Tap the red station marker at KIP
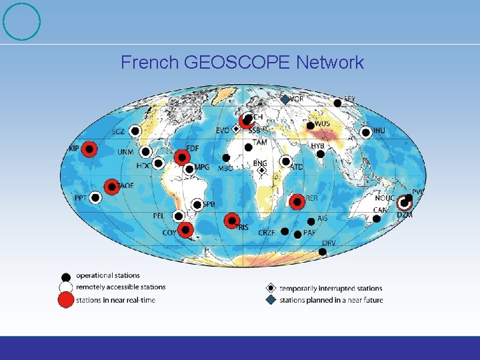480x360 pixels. [x=91, y=149]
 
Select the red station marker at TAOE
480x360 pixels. [x=111, y=187]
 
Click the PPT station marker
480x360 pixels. [x=95, y=197]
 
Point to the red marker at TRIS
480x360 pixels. [x=231, y=219]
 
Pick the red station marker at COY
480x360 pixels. [x=185, y=230]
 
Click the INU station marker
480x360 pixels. [x=365, y=132]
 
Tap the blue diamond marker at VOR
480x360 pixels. [x=284, y=99]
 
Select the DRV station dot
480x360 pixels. [x=323, y=251]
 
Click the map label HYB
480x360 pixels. [x=317, y=146]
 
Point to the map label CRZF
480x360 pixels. [x=267, y=233]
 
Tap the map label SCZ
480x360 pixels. [x=118, y=132]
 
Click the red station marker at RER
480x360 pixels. [x=297, y=201]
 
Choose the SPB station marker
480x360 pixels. [x=197, y=205]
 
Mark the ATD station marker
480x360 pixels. [x=285, y=161]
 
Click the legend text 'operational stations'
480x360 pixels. [x=107, y=275]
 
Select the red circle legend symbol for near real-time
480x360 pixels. [x=65, y=300]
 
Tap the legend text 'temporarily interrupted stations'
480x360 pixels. [x=331, y=289]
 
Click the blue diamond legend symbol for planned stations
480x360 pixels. [x=271, y=300]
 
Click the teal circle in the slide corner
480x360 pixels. [x=22, y=21]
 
